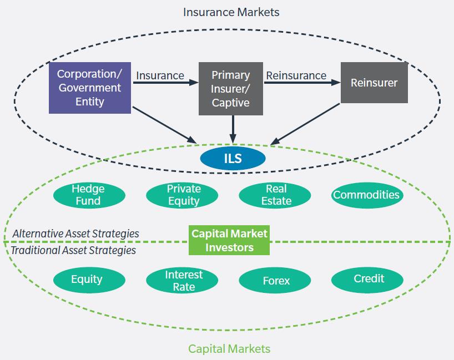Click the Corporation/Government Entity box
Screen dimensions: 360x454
tap(89, 88)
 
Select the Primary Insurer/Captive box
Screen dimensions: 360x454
tap(231, 89)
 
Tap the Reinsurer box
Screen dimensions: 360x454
tap(374, 83)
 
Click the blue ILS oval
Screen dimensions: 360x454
tap(233, 159)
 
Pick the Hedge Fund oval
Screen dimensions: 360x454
tap(88, 195)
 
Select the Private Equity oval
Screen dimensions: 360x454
tap(184, 195)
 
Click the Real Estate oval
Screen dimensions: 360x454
tap(276, 195)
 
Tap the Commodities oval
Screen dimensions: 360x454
tap(366, 195)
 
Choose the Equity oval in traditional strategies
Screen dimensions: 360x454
tap(87, 280)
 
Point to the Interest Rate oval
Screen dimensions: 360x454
tap(184, 280)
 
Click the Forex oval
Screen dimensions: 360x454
tap(276, 281)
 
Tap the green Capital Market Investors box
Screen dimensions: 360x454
tap(229, 240)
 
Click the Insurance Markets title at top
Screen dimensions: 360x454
tap(231, 12)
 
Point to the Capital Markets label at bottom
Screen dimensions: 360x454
tap(229, 348)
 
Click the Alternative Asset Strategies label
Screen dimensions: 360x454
tap(75, 234)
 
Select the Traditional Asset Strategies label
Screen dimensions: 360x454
tap(74, 250)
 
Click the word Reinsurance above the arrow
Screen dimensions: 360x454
tap(296, 75)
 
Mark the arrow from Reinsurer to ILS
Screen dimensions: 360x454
tap(306, 124)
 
